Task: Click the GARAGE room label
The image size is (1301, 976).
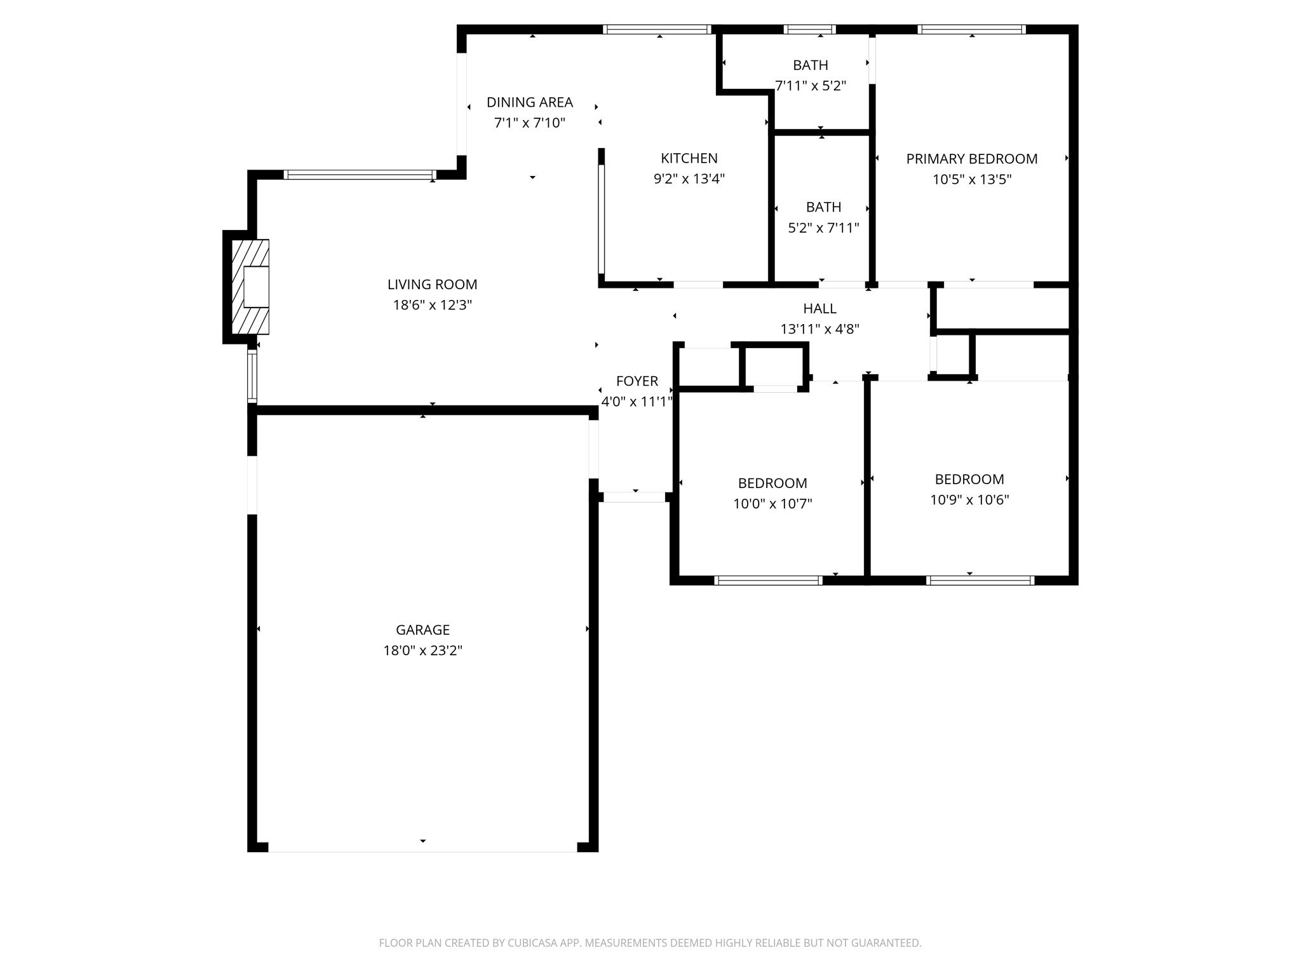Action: [422, 630]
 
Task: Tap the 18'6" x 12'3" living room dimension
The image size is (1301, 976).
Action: [432, 305]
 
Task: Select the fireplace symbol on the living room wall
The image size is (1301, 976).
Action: [251, 287]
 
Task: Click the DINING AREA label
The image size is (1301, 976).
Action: [530, 102]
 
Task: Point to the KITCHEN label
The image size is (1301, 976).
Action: [689, 158]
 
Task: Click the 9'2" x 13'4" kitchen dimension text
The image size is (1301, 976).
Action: [689, 179]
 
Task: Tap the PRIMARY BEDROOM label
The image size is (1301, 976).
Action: [971, 159]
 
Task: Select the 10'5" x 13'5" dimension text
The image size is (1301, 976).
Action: [971, 180]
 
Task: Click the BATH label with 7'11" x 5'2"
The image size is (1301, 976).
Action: [810, 65]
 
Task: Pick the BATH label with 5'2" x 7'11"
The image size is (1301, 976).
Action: [823, 207]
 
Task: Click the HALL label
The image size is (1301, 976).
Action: [819, 309]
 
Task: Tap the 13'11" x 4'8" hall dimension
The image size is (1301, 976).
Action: [819, 329]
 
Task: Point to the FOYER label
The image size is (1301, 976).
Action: [637, 381]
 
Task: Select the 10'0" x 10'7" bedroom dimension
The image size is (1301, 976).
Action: [772, 504]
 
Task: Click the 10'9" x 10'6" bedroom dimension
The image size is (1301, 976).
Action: [969, 500]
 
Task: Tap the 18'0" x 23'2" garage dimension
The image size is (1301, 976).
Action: [422, 651]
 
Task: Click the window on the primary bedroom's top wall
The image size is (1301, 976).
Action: [971, 29]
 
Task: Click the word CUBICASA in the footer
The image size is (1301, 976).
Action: [532, 943]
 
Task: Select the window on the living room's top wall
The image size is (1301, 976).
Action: [360, 175]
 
